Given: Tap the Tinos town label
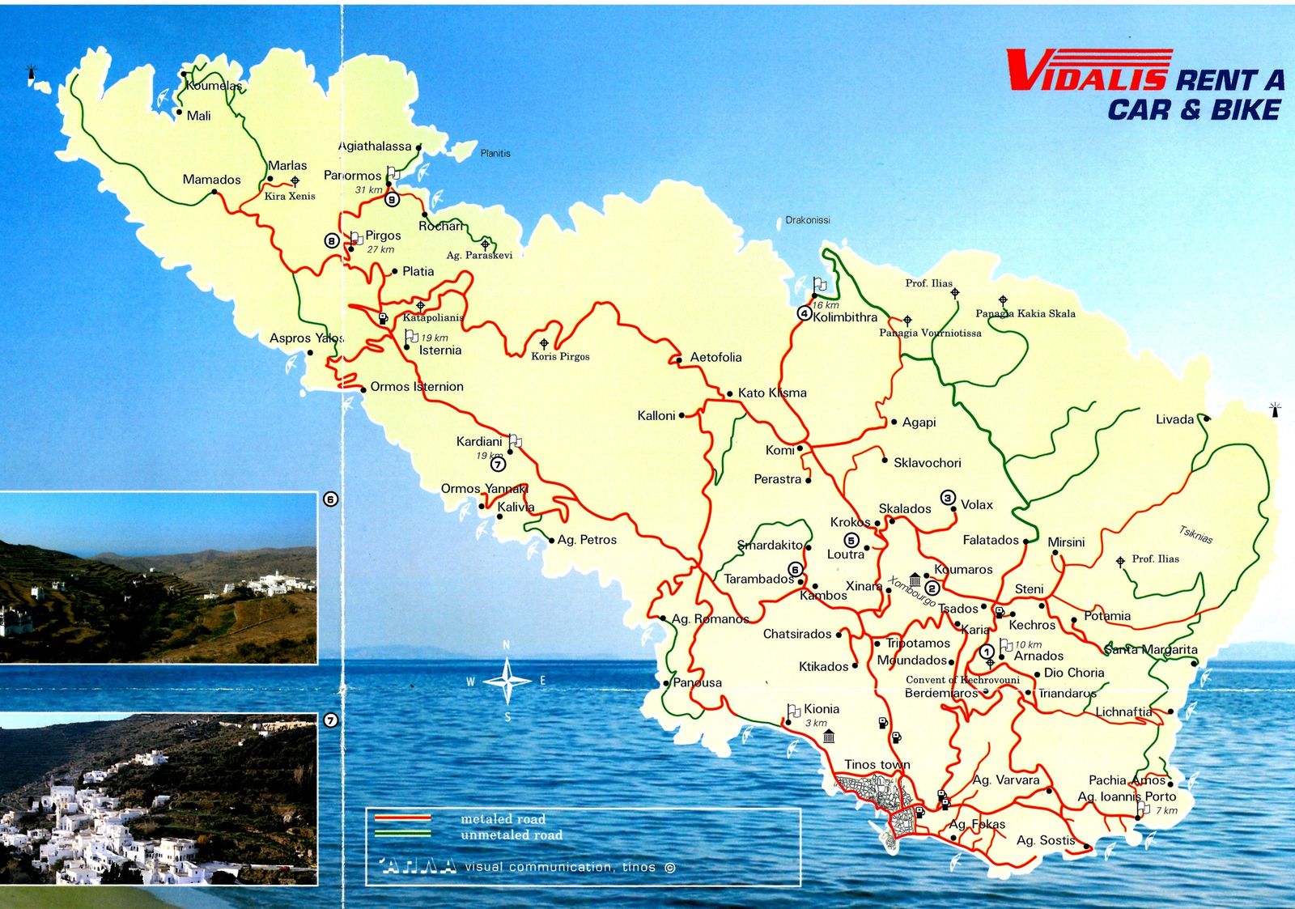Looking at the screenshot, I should pyautogui.click(x=877, y=765).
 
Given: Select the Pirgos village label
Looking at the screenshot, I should pyautogui.click(x=383, y=236).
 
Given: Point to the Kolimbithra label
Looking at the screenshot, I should pyautogui.click(x=845, y=317).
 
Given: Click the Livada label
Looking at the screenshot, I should pyautogui.click(x=1174, y=419).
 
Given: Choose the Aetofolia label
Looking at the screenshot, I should pyautogui.click(x=715, y=357).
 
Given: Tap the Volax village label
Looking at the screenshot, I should pyautogui.click(x=976, y=504).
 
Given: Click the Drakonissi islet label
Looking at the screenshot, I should pyautogui.click(x=808, y=220).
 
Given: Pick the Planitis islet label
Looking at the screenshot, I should pyautogui.click(x=495, y=153).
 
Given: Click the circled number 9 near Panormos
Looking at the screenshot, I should pyautogui.click(x=392, y=199).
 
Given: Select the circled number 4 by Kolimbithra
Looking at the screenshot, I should pyautogui.click(x=804, y=313).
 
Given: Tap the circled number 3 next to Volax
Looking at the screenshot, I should pyautogui.click(x=948, y=498).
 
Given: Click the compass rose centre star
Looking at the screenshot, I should pyautogui.click(x=507, y=681).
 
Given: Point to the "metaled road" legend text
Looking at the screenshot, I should pyautogui.click(x=503, y=819).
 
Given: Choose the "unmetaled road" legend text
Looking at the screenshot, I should pyautogui.click(x=511, y=835).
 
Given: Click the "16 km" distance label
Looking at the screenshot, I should pyautogui.click(x=826, y=305).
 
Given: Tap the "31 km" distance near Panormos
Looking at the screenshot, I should pyautogui.click(x=368, y=190).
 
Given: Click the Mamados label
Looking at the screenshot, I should pyautogui.click(x=211, y=180).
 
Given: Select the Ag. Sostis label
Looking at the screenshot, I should pyautogui.click(x=1046, y=840).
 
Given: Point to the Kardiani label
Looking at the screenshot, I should pyautogui.click(x=479, y=441).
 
